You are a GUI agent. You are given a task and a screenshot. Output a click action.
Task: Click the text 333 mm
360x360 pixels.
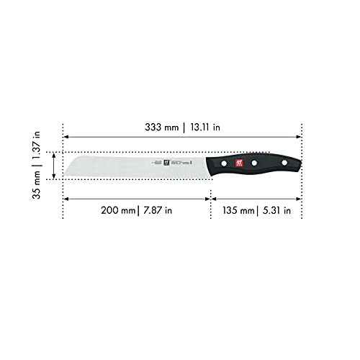pos(161,127)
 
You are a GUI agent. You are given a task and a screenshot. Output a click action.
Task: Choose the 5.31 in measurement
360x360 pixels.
pos(276,211)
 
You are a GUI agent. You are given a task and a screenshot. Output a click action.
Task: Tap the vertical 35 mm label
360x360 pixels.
pos(29,181)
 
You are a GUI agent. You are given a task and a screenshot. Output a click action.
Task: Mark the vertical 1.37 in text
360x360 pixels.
pos(29,142)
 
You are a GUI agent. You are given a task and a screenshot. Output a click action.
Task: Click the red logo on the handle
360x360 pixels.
pos(240,164)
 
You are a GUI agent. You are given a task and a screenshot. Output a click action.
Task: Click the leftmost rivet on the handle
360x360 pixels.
pos(224,165)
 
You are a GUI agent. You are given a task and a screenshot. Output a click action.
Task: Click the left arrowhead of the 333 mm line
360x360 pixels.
pos(66,137)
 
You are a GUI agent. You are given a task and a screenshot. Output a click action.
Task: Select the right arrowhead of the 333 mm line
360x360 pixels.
pos(300,137)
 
